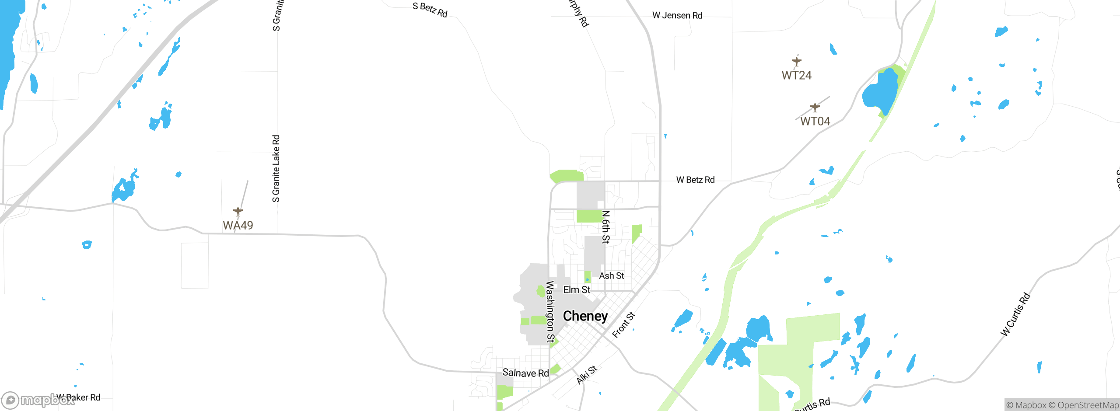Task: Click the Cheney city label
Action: pos(585,316)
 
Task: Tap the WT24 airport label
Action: pos(796,75)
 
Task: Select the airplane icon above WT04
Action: pos(815,107)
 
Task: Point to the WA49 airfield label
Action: pos(238,225)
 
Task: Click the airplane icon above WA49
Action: pos(238,212)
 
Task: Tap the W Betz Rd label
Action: pos(695,180)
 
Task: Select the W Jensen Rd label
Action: pos(677,16)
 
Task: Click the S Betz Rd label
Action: pos(430,10)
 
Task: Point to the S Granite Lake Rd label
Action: pos(276,169)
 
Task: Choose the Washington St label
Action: pos(550,312)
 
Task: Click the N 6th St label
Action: pos(605,227)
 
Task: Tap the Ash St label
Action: pos(611,276)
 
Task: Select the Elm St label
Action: pos(577,290)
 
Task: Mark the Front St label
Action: pos(623,325)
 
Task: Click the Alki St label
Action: pos(587,375)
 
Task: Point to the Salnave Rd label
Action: pos(525,373)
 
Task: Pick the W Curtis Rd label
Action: pos(1015,315)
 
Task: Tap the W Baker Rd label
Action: pos(79,397)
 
